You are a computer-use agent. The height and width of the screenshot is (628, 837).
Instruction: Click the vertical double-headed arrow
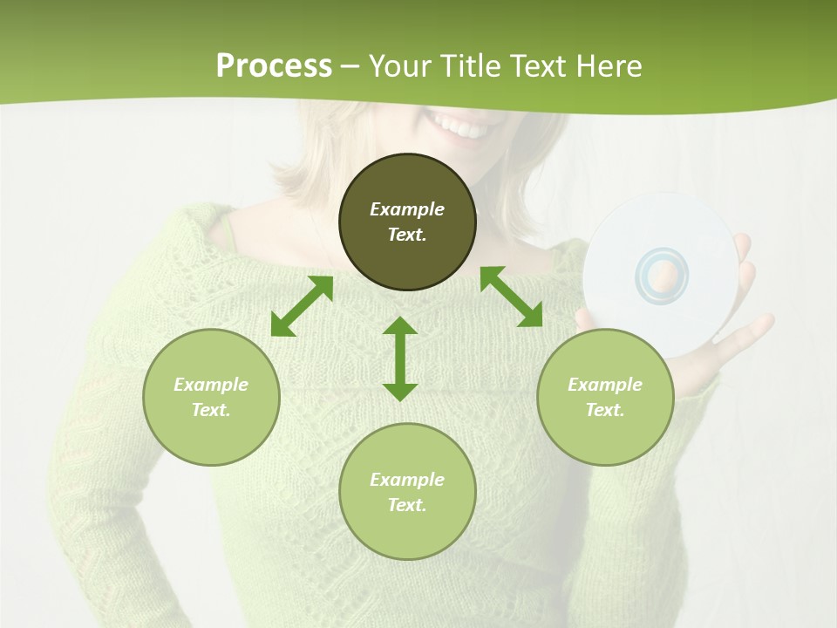400,358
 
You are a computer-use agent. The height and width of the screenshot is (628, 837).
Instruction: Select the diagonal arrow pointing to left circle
302,306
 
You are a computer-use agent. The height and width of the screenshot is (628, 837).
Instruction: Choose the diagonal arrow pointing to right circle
511,297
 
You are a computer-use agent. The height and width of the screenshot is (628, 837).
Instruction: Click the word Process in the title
274,65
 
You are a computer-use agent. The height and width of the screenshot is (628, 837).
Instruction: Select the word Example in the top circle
407,209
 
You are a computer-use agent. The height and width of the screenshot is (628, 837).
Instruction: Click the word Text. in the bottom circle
407,505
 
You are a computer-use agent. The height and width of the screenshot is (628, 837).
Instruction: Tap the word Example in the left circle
211,385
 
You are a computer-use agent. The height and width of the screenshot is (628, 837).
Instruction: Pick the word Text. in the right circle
605,410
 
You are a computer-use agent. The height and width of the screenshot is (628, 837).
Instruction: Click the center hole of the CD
663,276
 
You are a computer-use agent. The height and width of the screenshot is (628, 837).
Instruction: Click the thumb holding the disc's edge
743,249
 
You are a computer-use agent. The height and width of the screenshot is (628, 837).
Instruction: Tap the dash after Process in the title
350,66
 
